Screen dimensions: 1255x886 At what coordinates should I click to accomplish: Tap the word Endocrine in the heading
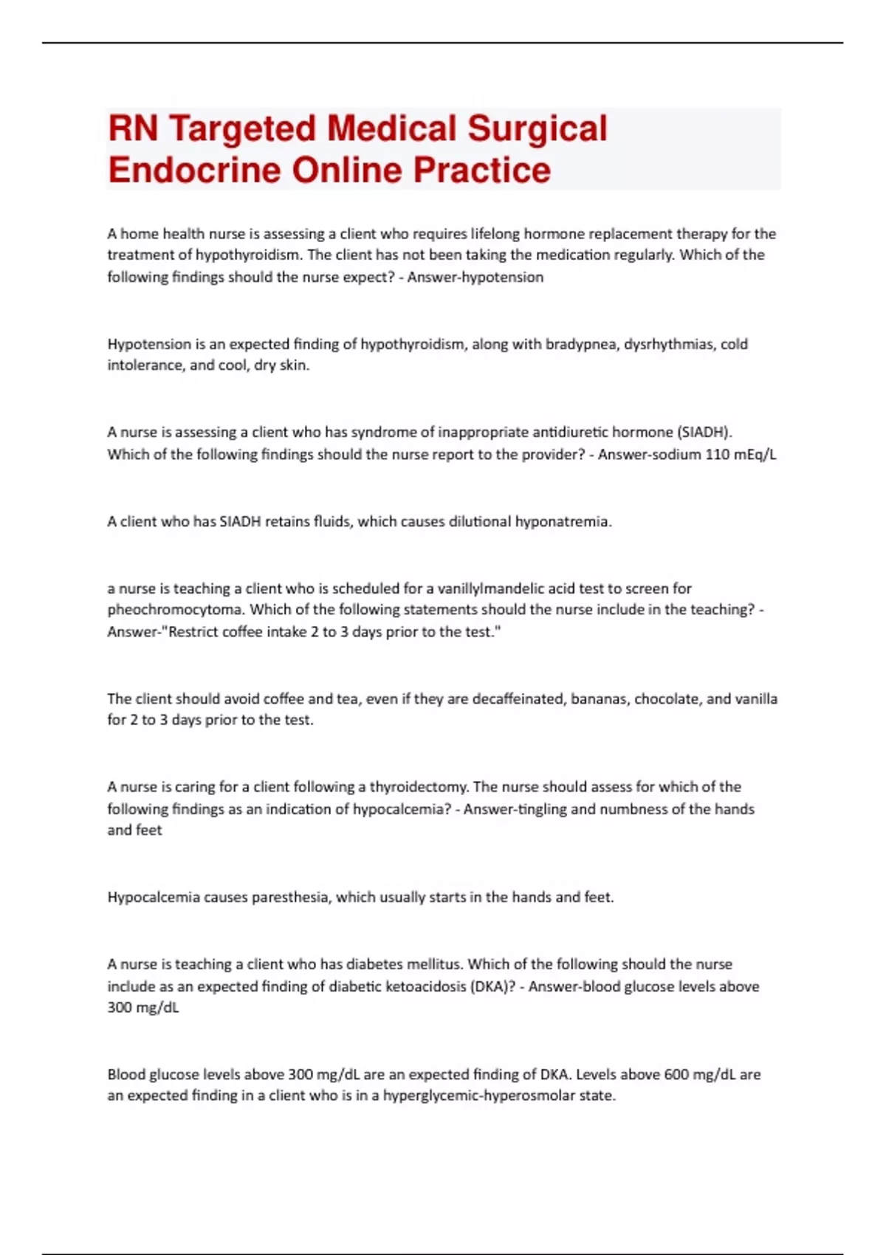[x=195, y=170]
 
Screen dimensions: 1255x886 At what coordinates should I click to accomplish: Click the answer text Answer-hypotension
[x=475, y=277]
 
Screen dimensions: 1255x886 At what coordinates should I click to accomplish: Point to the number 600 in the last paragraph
[x=676, y=1075]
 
